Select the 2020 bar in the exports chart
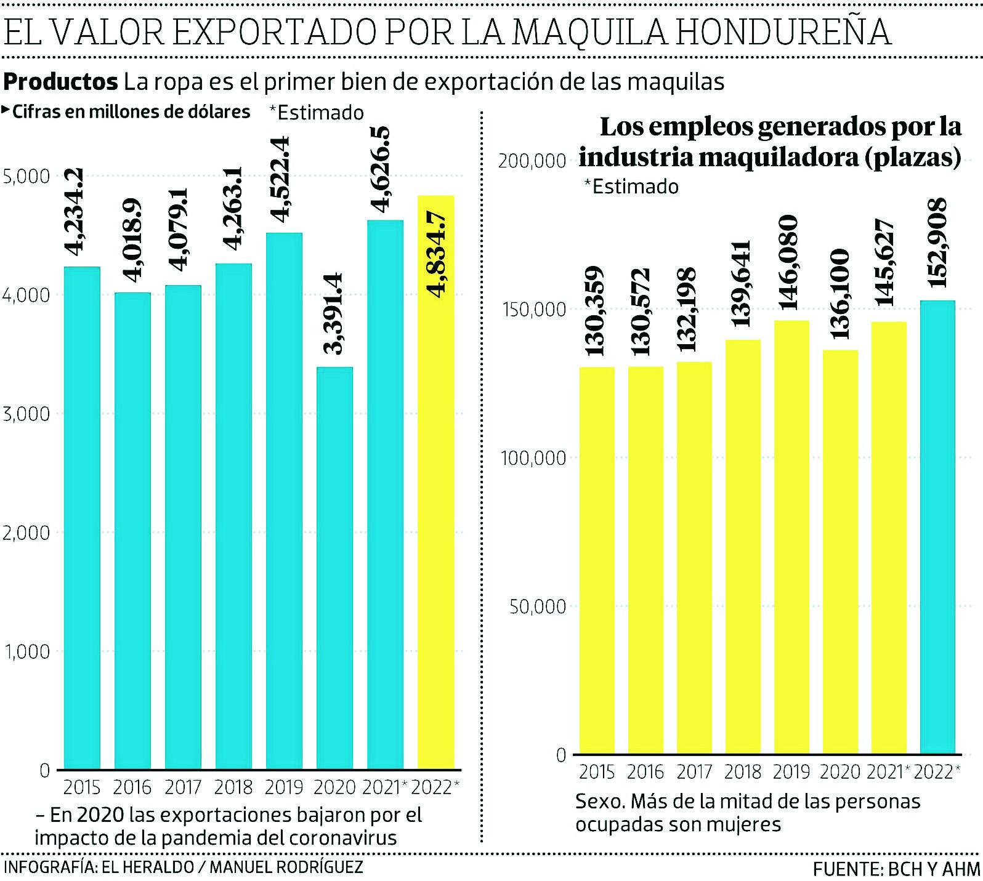tap(334, 566)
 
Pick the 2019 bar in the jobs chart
tap(791, 536)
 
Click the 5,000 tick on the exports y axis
tap(26, 177)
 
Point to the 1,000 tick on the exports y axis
tap(26, 651)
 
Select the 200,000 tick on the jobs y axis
tap(532, 161)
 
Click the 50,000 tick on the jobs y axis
tap(538, 606)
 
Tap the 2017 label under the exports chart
tap(183, 787)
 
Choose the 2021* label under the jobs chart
tap(888, 772)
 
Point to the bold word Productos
tap(60, 81)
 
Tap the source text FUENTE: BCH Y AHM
tap(896, 869)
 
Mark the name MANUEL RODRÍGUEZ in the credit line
tap(286, 867)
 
